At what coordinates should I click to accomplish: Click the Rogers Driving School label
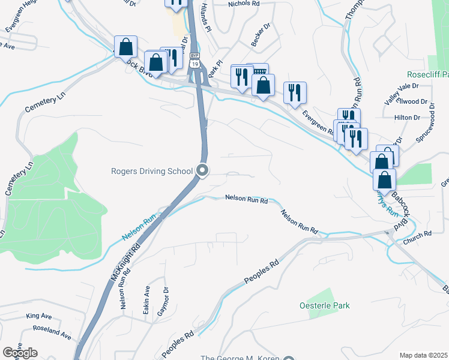point(152,171)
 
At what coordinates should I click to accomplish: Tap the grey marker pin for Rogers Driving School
point(203,171)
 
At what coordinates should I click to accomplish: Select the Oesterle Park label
point(324,305)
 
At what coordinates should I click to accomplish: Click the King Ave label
point(39,316)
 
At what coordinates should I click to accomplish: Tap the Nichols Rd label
point(244,4)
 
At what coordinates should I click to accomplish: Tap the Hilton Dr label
point(405,119)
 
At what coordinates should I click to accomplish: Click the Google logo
point(20,352)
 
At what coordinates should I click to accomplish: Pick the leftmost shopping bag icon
point(126,46)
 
